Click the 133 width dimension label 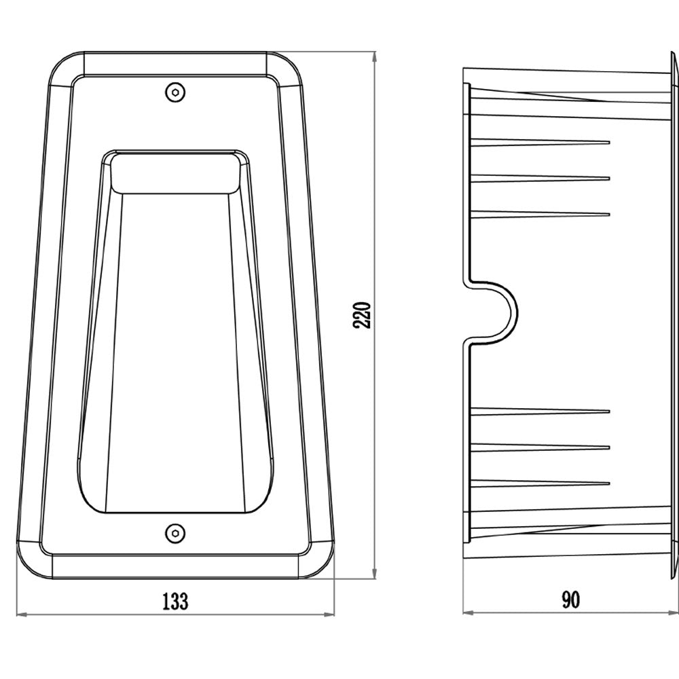(x=175, y=602)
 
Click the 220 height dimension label (x=363, y=315)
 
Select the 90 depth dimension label (x=571, y=600)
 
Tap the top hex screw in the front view (x=175, y=92)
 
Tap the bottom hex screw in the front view (x=175, y=532)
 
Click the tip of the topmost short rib (x=609, y=142)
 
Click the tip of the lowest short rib (x=609, y=483)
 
